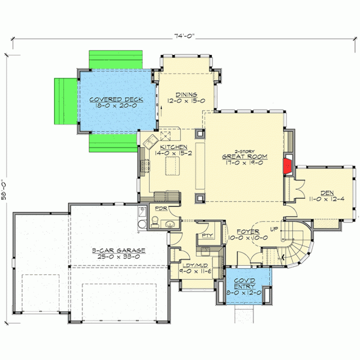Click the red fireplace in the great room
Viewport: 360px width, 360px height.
tap(287, 166)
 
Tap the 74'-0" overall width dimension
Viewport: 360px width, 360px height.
tap(184, 36)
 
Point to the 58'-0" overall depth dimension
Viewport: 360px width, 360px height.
tap(4, 189)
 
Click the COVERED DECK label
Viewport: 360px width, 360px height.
tap(116, 99)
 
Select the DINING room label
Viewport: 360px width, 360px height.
tap(186, 94)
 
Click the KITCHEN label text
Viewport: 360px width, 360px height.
tap(173, 147)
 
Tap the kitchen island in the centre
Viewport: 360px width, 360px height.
tap(172, 166)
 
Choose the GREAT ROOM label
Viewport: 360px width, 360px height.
tap(244, 156)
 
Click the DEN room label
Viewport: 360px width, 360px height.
tap(327, 193)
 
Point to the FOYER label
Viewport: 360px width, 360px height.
tap(248, 231)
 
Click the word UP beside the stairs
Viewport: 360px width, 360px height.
tap(274, 229)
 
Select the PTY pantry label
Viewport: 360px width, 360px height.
tap(207, 235)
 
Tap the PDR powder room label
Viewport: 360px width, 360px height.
tap(161, 208)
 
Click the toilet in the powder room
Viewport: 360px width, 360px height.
tap(155, 221)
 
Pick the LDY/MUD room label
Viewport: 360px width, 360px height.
tap(195, 265)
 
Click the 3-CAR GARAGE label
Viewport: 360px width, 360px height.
tap(118, 250)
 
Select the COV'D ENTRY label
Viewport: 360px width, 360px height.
tap(244, 283)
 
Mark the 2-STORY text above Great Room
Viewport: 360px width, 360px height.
tap(244, 151)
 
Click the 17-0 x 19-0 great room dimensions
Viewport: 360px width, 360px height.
tap(244, 163)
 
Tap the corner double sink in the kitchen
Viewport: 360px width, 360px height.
tap(150, 142)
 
